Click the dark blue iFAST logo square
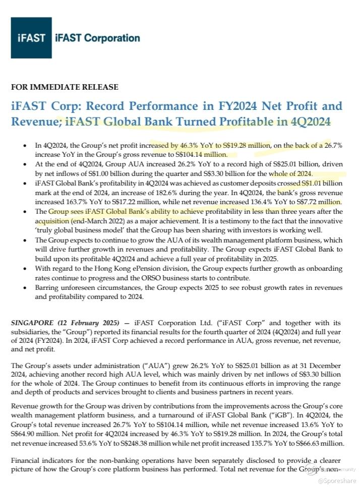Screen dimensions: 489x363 [31, 38]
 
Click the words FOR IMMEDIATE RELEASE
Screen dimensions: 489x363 [65, 87]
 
